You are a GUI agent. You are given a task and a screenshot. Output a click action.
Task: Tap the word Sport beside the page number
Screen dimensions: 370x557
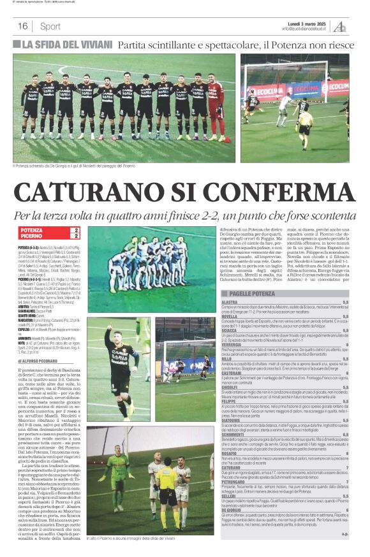pyautogui.click(x=50, y=26)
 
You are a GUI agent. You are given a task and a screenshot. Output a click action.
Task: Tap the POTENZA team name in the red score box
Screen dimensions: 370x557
pyautogui.click(x=32, y=229)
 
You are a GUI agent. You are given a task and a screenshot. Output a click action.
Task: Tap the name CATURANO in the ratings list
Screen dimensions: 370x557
pyautogui.click(x=232, y=467)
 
